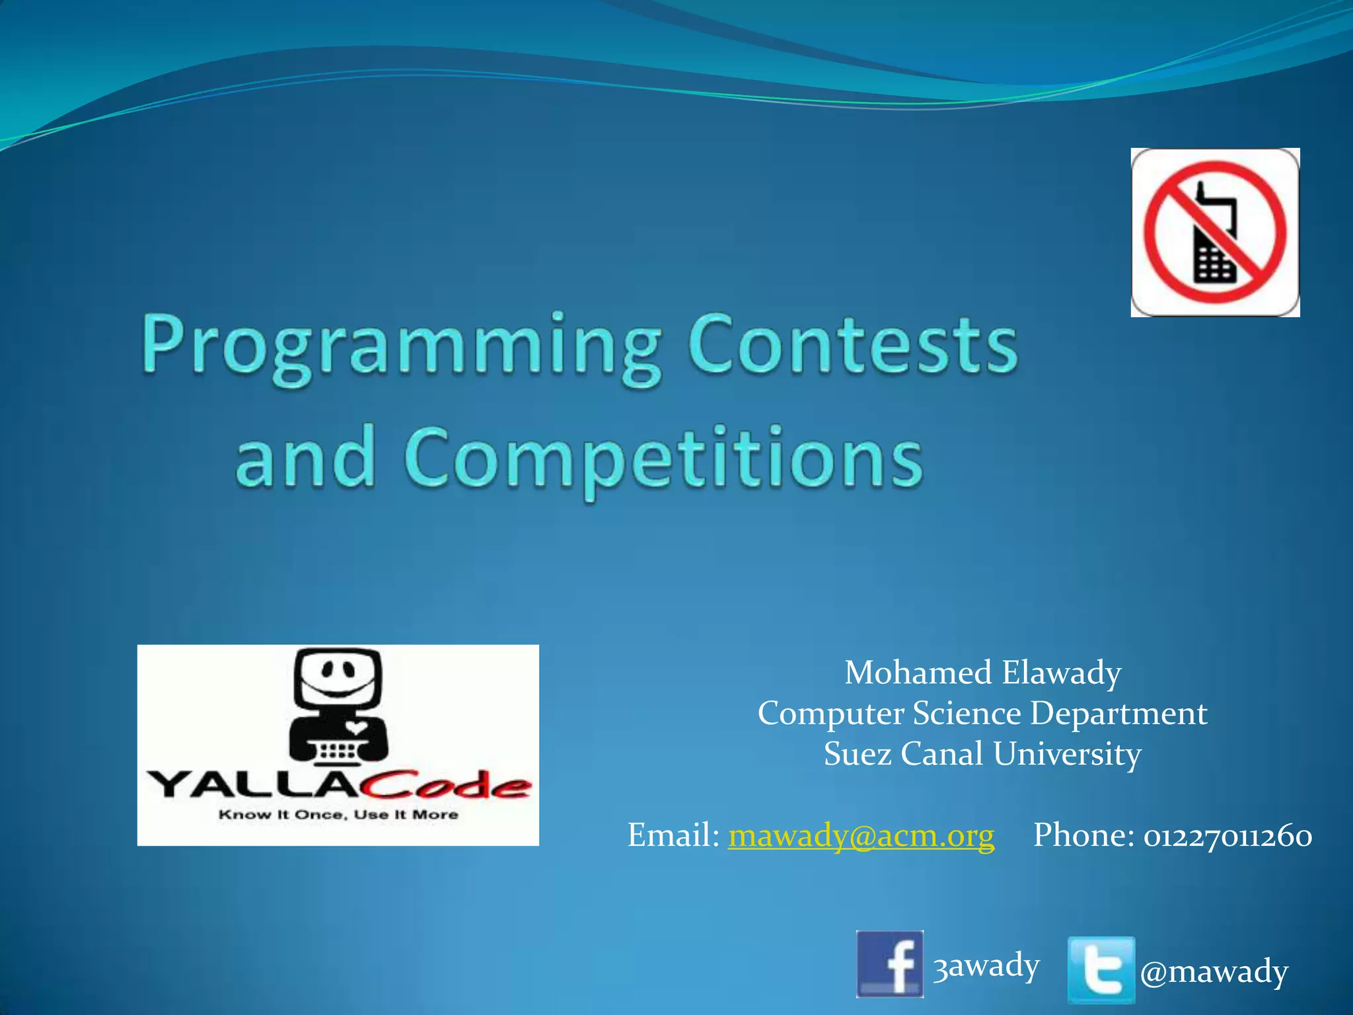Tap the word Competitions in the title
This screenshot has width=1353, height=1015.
pyautogui.click(x=663, y=458)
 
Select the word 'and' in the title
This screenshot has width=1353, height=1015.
pyautogui.click(x=305, y=457)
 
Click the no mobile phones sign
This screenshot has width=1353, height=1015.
pyautogui.click(x=1215, y=233)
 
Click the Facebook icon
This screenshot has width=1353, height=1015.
pyautogui.click(x=889, y=963)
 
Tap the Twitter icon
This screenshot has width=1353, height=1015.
pyautogui.click(x=1101, y=969)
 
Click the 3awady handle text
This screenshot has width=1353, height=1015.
pyautogui.click(x=986, y=965)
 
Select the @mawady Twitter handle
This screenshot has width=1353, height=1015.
pyautogui.click(x=1214, y=971)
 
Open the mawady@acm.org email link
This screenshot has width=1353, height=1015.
pyautogui.click(x=861, y=835)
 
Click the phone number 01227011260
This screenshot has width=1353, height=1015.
pyautogui.click(x=1228, y=835)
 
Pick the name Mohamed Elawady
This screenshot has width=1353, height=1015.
pyautogui.click(x=982, y=673)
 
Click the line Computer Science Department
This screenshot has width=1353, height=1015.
pyautogui.click(x=982, y=714)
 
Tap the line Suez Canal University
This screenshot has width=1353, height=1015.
pyautogui.click(x=982, y=754)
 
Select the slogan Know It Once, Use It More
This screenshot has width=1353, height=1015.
pyautogui.click(x=338, y=815)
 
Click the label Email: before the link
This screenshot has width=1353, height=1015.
pyautogui.click(x=673, y=835)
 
